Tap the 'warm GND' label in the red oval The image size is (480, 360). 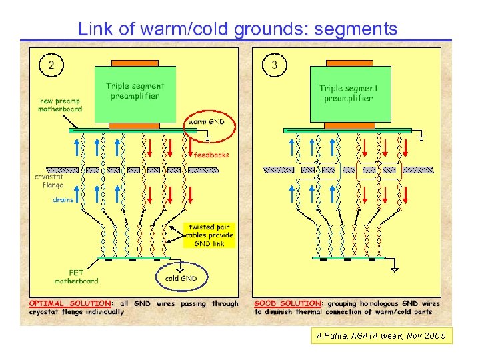tap(206, 122)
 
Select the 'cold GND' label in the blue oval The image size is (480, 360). tap(181, 278)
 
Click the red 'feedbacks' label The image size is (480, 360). tap(211, 155)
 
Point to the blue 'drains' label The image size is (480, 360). tap(63, 200)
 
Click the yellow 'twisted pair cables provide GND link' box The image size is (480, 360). tap(209, 235)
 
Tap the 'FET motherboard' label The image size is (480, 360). tap(76, 277)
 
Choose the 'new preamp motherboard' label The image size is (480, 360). tap(60, 105)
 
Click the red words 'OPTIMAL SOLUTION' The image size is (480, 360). tap(70, 303)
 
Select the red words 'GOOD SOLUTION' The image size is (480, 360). tap(287, 303)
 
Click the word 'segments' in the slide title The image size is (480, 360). tap(356, 29)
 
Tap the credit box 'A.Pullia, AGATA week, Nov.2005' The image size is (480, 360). tap(382, 336)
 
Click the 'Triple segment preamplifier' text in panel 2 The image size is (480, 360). tap(135, 91)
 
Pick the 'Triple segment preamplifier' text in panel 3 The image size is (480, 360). tap(349, 93)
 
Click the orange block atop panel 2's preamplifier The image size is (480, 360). tap(135, 63)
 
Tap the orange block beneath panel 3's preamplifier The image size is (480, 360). tap(349, 125)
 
